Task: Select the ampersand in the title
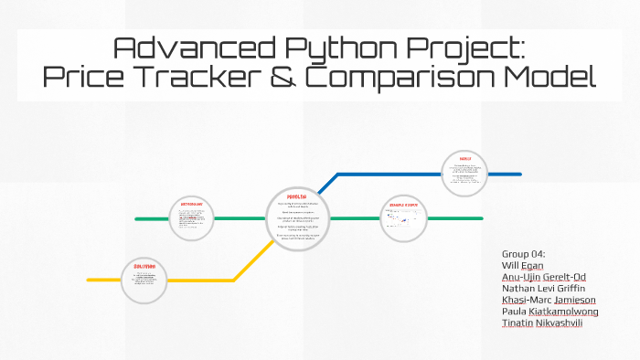[x=285, y=77]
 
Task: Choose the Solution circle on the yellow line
[x=143, y=278]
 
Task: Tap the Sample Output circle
[x=403, y=217]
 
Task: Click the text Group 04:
[x=524, y=253]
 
